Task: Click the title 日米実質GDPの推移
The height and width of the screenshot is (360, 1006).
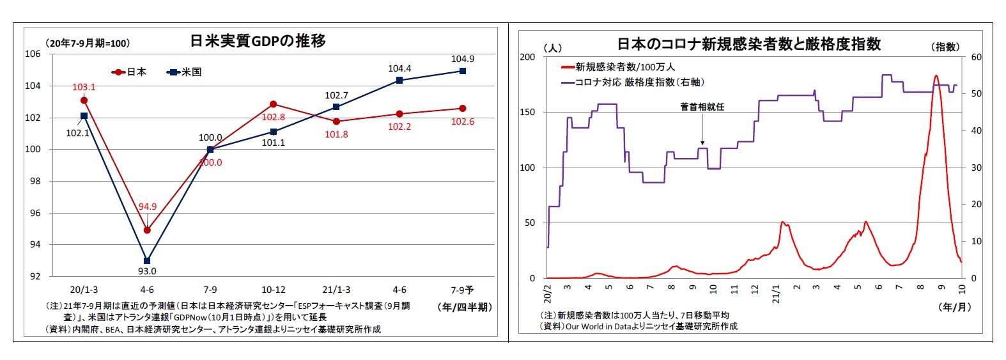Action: (x=258, y=41)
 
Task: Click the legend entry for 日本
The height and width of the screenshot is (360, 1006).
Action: (x=130, y=72)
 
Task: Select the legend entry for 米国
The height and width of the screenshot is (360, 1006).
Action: (x=185, y=72)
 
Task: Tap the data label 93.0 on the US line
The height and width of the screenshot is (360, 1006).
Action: (x=147, y=272)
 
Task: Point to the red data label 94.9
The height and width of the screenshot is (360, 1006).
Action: (x=147, y=207)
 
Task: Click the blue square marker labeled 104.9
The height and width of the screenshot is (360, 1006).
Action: (x=463, y=71)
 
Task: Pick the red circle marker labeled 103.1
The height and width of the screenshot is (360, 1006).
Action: (x=84, y=100)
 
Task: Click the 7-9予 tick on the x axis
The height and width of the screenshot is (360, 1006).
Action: (x=463, y=290)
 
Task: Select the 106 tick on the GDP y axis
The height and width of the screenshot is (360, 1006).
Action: (x=33, y=54)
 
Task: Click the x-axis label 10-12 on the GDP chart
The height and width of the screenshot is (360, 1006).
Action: (x=273, y=290)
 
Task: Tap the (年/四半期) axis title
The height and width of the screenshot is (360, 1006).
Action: (x=465, y=307)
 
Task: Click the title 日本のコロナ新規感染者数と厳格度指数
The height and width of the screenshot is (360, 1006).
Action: (x=748, y=44)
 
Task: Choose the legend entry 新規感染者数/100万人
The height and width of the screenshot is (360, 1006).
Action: (x=618, y=67)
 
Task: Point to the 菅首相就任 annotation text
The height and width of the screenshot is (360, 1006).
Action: (x=702, y=107)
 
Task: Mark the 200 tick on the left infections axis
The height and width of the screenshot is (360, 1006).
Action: (x=527, y=57)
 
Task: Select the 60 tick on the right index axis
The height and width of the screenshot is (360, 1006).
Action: (x=976, y=57)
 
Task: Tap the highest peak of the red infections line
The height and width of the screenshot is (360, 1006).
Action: (x=936, y=75)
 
